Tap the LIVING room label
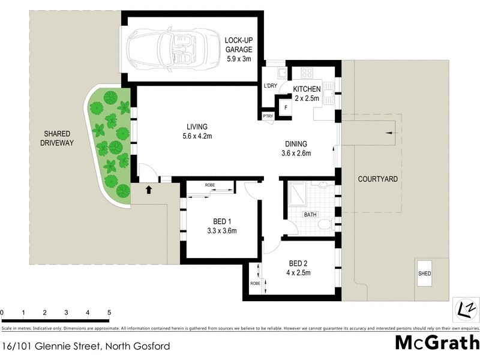197,127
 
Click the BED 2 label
299,263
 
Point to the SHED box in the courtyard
424,274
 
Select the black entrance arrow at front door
149,190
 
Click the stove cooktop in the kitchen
308,74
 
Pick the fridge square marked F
286,109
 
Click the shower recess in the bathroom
298,193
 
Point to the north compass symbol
465,308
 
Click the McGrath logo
437,343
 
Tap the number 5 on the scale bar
109,313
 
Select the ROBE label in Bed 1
210,185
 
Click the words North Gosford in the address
138,346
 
